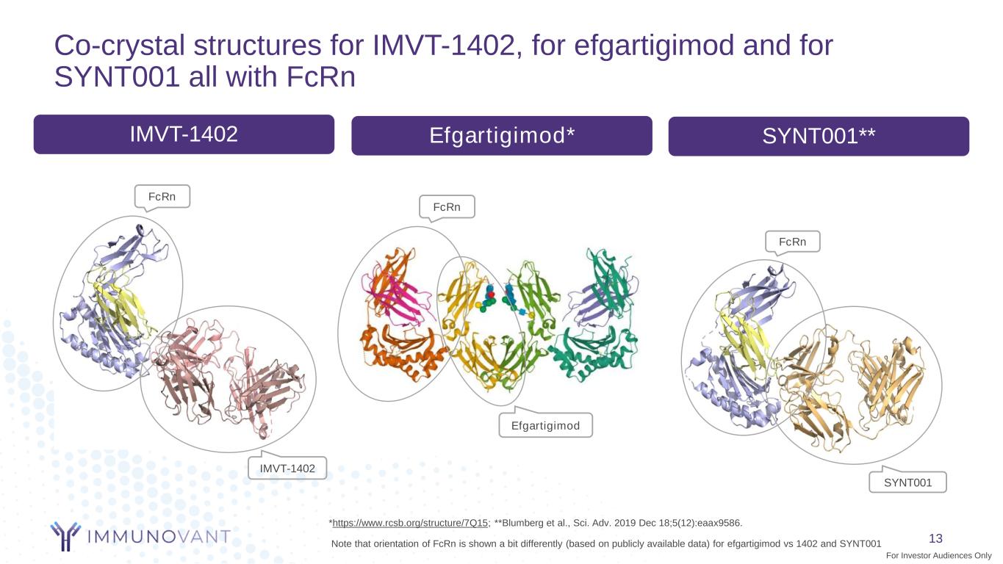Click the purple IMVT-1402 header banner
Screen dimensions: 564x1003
[184, 134]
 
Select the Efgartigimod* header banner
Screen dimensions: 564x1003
[501, 136]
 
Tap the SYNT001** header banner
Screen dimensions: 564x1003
[818, 137]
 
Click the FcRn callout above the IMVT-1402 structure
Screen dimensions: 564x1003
[162, 197]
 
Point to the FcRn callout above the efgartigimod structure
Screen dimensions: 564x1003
[447, 207]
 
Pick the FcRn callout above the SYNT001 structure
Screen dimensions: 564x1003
[792, 242]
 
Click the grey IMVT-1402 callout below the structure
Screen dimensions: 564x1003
[287, 468]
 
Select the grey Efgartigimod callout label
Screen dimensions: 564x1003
[545, 425]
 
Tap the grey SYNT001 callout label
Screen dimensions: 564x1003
[907, 482]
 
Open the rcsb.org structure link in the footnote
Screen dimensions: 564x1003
[410, 523]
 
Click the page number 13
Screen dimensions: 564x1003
[935, 538]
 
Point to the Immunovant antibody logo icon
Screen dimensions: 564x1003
[65, 536]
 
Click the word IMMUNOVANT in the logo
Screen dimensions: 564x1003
[159, 537]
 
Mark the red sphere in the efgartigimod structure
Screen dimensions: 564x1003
[490, 294]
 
